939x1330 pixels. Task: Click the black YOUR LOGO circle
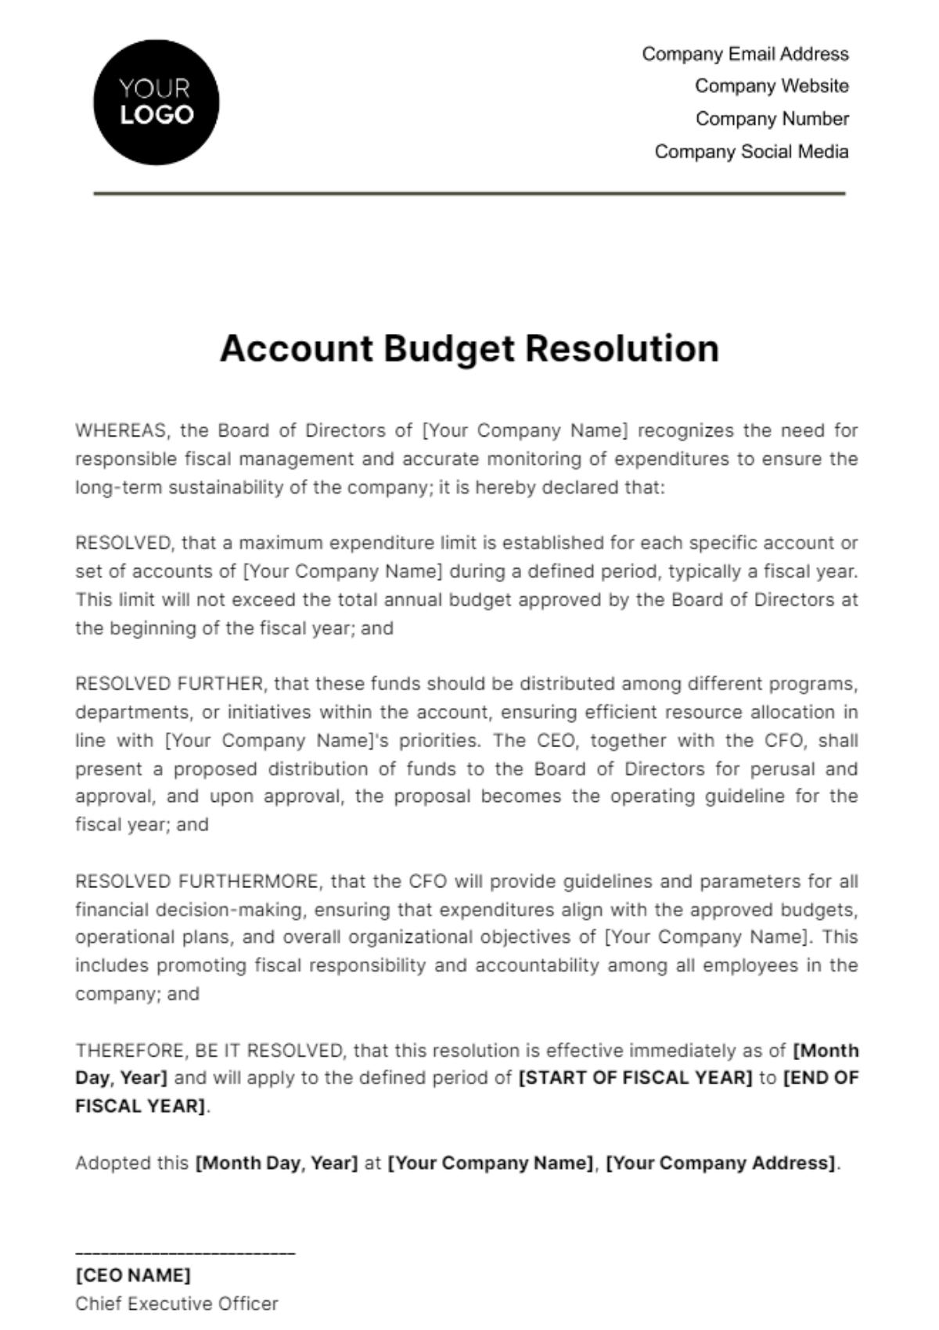[156, 102]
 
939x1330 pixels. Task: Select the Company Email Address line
[745, 54]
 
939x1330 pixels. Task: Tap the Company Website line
[771, 86]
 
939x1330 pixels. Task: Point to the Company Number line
[772, 119]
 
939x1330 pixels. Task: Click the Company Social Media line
[751, 152]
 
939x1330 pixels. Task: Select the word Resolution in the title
[622, 349]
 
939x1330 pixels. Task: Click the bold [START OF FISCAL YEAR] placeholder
[635, 1078]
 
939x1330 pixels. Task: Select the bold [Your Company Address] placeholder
[721, 1163]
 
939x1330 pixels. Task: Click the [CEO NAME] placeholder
[133, 1276]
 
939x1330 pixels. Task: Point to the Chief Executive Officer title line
[177, 1304]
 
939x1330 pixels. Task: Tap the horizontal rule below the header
[469, 193]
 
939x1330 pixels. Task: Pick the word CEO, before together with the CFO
[558, 741]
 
